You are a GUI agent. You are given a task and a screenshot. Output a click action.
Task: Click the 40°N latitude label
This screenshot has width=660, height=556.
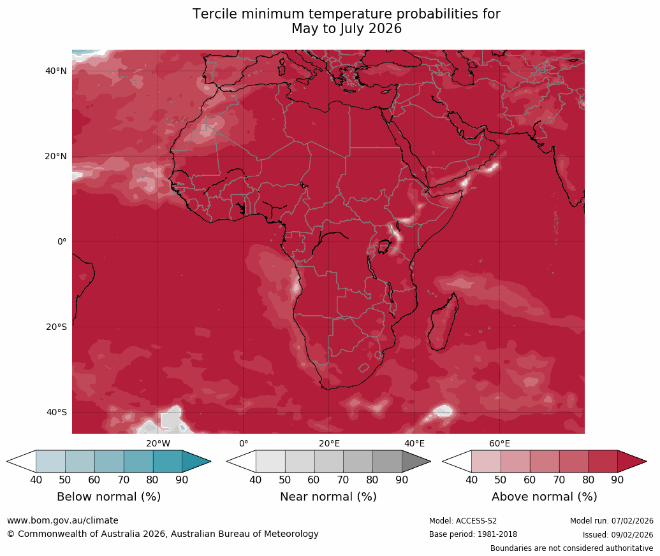(56, 71)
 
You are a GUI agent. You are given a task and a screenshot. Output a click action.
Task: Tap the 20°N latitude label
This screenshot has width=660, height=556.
(56, 157)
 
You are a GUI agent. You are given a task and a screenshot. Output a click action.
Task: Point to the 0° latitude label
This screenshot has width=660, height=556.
(61, 242)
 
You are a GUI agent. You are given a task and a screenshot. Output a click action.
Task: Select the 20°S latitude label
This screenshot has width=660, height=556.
(56, 327)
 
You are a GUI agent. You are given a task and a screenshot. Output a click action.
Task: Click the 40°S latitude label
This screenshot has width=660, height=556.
(56, 413)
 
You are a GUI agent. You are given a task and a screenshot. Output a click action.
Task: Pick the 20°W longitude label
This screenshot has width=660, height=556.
(158, 444)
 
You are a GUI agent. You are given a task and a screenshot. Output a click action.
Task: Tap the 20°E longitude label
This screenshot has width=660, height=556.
(329, 444)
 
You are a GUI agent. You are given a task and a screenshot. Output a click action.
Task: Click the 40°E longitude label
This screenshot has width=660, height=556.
(414, 444)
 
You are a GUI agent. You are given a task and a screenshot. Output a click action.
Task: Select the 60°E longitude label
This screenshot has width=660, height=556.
(499, 444)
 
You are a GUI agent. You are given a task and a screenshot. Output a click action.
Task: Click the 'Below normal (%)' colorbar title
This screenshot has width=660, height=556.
(108, 497)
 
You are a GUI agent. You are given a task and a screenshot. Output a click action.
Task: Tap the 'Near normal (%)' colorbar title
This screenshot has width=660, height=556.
(328, 497)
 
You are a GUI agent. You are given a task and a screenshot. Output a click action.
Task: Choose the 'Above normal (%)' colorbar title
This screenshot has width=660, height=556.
(544, 497)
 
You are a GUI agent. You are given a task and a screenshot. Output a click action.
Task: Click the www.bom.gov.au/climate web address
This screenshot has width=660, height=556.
(62, 521)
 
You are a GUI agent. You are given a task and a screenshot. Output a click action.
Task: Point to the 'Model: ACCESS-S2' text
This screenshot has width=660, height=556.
(463, 521)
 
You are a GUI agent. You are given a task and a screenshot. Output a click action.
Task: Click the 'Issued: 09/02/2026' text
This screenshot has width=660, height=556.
(618, 535)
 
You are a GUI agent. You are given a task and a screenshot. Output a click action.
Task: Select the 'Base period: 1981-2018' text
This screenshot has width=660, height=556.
(473, 535)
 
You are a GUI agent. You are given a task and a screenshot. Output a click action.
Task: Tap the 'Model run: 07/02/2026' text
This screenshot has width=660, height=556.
(612, 521)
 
